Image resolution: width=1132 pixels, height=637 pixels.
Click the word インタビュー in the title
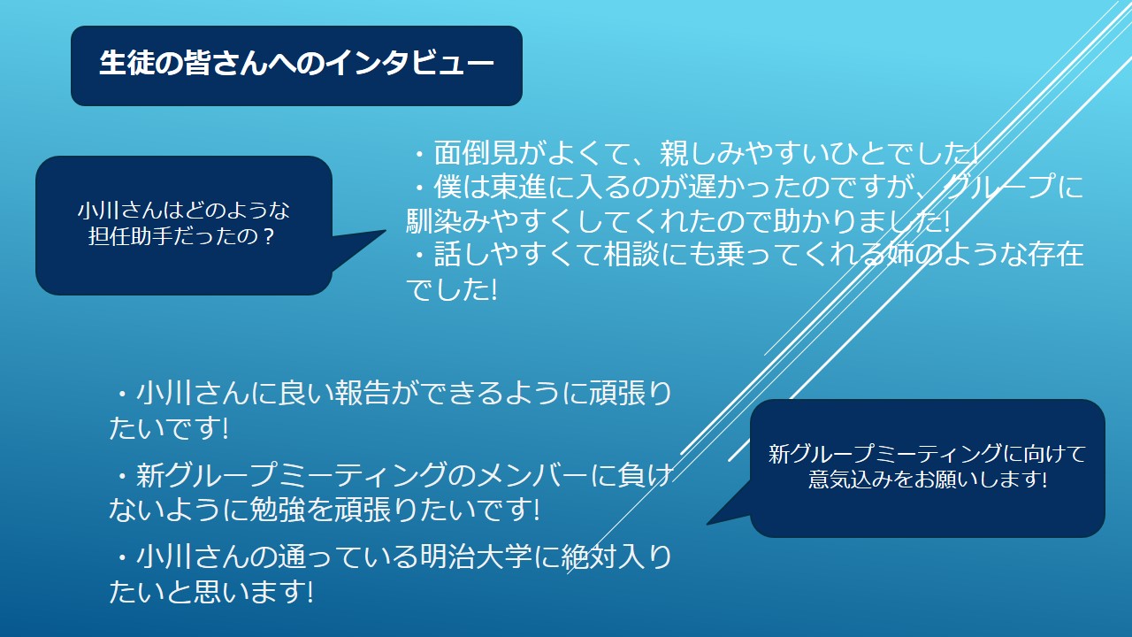point(409,64)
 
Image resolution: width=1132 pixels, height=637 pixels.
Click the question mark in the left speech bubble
point(268,236)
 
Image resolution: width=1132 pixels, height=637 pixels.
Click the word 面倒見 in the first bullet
point(476,153)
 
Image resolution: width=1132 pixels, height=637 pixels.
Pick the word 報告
point(363,394)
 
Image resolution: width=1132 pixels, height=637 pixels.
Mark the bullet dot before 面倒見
point(420,153)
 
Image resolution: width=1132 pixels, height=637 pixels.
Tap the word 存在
point(1055,254)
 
